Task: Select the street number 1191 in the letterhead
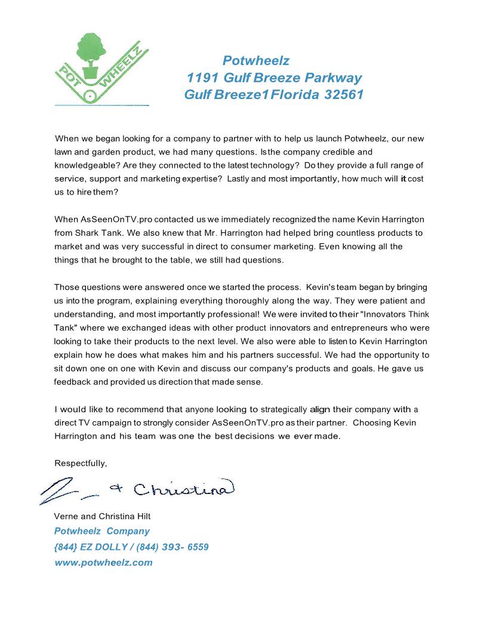point(203,78)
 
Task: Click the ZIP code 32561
point(344,95)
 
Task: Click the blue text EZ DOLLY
point(97,546)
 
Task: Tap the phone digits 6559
point(198,546)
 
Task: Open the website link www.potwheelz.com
point(103,562)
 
